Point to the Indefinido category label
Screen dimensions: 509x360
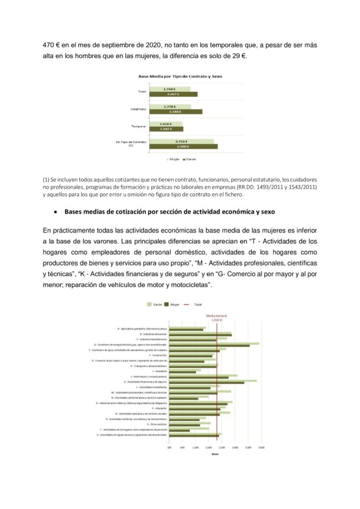[x=138, y=109]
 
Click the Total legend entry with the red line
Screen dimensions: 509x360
[x=195, y=304]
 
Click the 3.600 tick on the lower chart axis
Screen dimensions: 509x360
[x=261, y=448]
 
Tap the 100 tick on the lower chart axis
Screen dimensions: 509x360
[x=170, y=448]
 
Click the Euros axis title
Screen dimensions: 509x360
[x=215, y=453]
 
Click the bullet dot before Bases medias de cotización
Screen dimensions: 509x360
[x=55, y=211]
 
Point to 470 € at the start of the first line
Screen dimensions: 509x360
[x=51, y=45]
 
